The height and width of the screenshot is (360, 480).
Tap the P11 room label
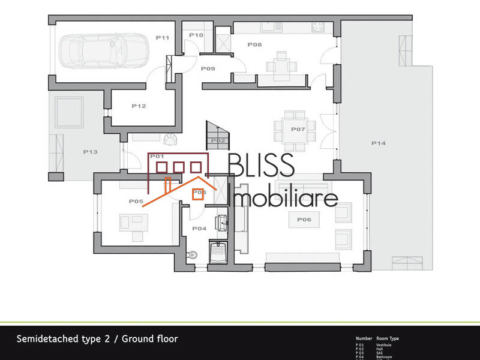point(162,38)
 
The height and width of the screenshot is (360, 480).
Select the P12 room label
point(139,106)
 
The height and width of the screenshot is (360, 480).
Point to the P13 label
point(89,152)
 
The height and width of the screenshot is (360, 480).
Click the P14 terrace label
point(378,143)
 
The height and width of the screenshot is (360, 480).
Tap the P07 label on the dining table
point(298,130)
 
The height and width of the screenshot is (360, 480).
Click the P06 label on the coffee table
point(304,220)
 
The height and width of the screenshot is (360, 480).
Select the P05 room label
point(136,202)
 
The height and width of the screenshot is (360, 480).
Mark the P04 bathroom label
point(199,229)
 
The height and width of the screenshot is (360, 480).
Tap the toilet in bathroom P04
point(193,255)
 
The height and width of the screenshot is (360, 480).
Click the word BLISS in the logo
point(261,165)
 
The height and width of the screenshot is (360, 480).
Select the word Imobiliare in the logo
point(284,197)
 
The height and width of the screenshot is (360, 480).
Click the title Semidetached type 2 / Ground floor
point(97,339)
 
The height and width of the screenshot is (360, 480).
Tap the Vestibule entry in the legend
point(383,345)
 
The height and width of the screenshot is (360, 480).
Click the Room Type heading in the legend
point(387,338)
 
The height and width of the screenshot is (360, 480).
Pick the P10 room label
point(196,35)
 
